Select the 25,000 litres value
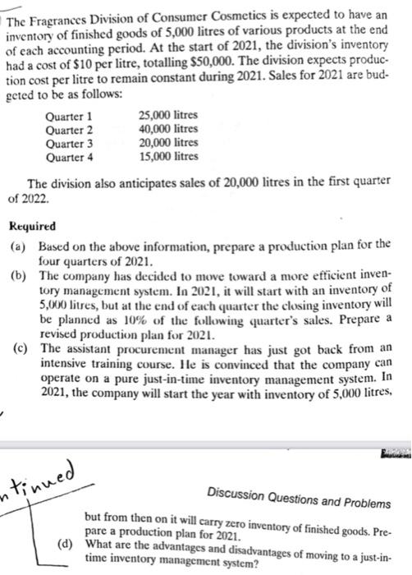pos(169,116)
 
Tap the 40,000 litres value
pos(169,129)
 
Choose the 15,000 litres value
pos(169,156)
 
